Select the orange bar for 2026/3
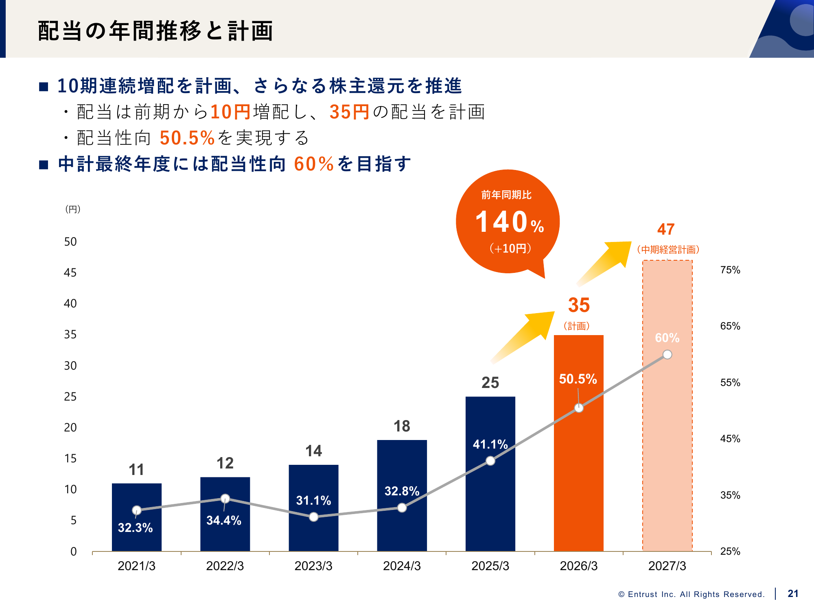coord(578,468)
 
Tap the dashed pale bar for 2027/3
coord(667,447)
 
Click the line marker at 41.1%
coord(490,461)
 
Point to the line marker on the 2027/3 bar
coord(667,355)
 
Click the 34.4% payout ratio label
coord(224,521)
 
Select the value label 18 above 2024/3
coord(402,426)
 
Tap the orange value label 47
coord(666,229)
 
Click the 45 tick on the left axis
coord(70,273)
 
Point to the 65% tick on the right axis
coord(730,326)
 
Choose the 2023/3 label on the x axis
coord(313,566)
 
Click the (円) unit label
coord(73,209)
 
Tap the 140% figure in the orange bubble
coord(509,222)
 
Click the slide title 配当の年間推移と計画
coord(155,31)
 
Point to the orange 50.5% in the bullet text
coord(187,138)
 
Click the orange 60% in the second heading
coord(313,164)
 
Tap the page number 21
coord(793,594)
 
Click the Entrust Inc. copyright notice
coord(691,595)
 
